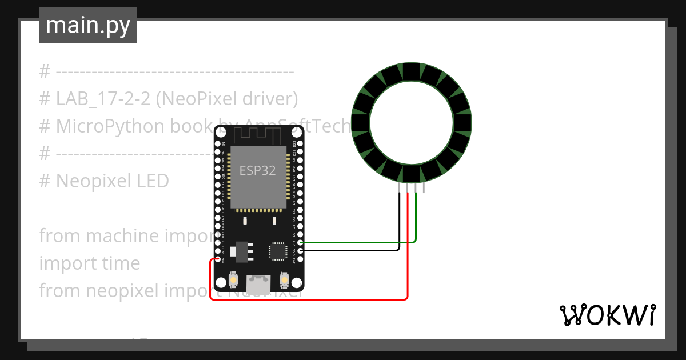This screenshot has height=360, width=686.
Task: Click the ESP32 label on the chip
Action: click(x=258, y=170)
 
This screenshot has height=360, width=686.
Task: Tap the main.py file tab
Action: click(x=88, y=25)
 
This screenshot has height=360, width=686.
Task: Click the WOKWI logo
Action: click(x=607, y=315)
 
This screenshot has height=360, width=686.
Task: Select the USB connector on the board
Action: click(x=258, y=284)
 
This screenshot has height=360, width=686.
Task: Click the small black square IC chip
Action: click(x=278, y=251)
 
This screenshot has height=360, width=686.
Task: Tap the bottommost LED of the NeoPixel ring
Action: click(x=412, y=174)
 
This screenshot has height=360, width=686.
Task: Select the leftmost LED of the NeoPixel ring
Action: click(x=361, y=123)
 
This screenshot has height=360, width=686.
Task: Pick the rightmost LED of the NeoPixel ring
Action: click(x=462, y=123)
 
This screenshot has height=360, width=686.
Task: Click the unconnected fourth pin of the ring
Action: click(x=424, y=189)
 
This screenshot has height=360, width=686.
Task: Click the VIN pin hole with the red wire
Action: click(x=218, y=260)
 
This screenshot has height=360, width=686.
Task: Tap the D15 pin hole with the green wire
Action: click(x=301, y=242)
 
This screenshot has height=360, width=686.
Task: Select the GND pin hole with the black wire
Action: click(x=301, y=251)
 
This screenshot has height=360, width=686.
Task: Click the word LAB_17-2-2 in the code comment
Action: click(x=103, y=99)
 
